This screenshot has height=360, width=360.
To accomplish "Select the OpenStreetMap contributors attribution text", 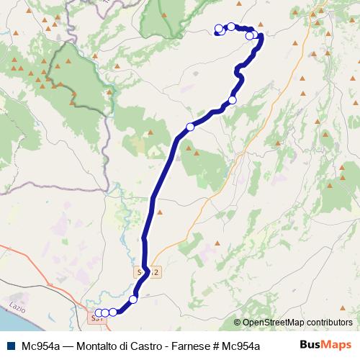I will coord(297,322).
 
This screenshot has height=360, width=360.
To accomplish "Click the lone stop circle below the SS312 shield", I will coord(133,300).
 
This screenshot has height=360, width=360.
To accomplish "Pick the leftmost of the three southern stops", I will coord(99,312).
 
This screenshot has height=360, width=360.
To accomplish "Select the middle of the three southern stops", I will coord(105,312).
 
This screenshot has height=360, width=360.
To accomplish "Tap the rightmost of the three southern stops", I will coord(113,312).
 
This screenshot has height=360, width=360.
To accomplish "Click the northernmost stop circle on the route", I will coord(231,27).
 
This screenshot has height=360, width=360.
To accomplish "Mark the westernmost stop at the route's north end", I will coord(218,30).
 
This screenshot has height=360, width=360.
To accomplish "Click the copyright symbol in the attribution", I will coord(238,322).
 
